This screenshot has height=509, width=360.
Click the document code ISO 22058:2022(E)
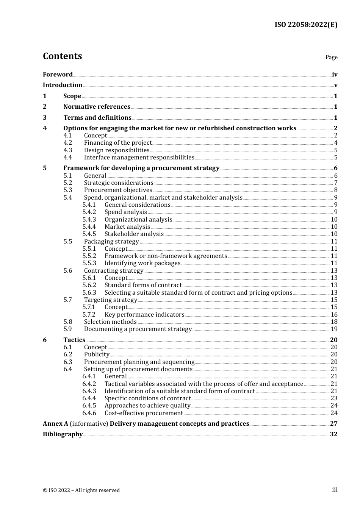(306, 25)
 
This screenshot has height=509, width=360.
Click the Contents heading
(62, 56)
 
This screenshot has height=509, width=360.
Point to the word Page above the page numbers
(331, 57)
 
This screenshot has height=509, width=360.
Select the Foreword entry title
(58, 75)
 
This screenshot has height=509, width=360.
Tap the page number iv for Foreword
(335, 75)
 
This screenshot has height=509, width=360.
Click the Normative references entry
(97, 107)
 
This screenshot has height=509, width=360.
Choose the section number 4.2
(68, 143)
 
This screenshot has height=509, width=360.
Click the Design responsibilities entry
(117, 150)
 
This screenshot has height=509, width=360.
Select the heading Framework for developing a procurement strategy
(141, 168)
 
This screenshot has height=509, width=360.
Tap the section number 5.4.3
(89, 220)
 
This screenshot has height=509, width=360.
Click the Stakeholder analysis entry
(134, 234)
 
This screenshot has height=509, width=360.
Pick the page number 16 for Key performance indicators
(334, 315)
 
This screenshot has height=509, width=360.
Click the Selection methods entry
(110, 322)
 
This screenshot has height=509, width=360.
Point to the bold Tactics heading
(74, 340)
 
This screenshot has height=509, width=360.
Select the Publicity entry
(97, 354)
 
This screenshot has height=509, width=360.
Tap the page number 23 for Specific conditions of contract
(334, 398)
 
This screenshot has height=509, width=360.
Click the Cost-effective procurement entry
(144, 413)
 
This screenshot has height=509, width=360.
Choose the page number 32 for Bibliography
(333, 434)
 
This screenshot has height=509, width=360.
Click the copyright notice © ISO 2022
(81, 490)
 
